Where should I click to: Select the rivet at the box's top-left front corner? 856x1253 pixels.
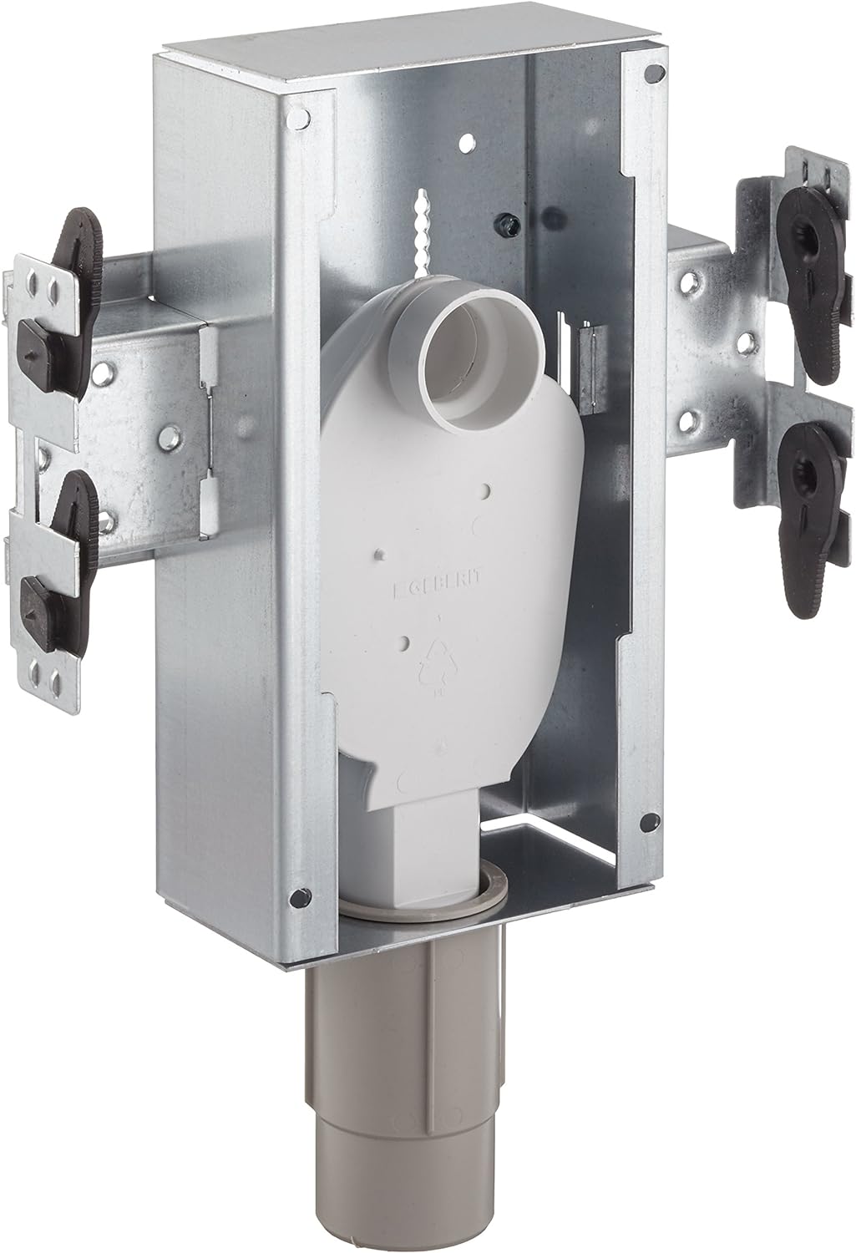(296, 122)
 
